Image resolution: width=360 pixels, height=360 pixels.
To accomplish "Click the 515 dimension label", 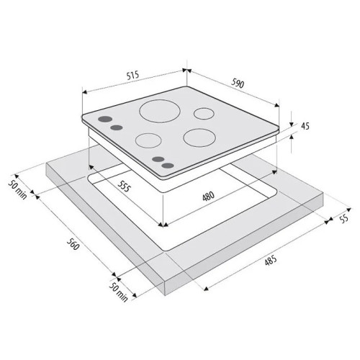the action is pyautogui.click(x=132, y=76).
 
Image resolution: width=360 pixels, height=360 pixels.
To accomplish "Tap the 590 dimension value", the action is pyautogui.click(x=238, y=84).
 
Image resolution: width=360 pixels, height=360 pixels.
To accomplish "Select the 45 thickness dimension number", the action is pyautogui.click(x=305, y=126).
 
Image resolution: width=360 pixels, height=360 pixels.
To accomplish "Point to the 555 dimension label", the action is pyautogui.click(x=124, y=186).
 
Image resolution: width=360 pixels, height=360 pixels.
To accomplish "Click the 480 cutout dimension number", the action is pyautogui.click(x=208, y=196).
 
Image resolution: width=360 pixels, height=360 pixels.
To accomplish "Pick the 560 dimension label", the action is pyautogui.click(x=73, y=244).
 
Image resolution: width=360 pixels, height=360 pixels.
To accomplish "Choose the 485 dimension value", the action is pyautogui.click(x=271, y=261).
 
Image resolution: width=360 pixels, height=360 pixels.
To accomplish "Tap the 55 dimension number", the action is pyautogui.click(x=344, y=219).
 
